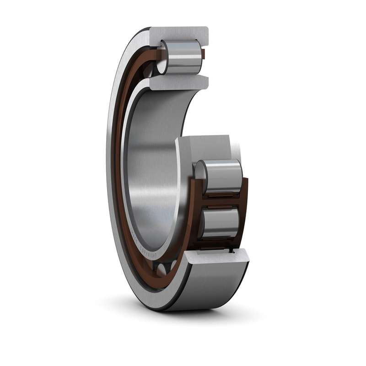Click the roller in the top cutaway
pyautogui.click(x=183, y=57)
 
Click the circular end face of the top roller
pyautogui.click(x=162, y=58)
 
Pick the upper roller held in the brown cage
pyautogui.click(x=222, y=176)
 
